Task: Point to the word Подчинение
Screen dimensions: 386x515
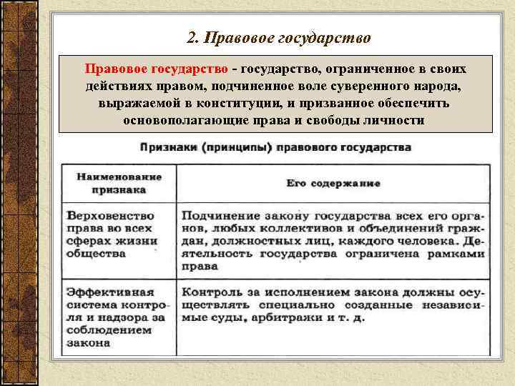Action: tap(216, 214)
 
